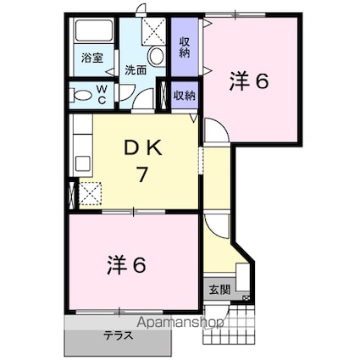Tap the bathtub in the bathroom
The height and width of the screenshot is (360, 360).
91,33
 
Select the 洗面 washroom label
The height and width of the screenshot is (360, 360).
135,70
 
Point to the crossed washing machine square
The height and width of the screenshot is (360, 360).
155,31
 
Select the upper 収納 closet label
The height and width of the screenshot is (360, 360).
186,47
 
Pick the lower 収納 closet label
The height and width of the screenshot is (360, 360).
185,95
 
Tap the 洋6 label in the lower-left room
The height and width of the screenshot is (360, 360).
127,264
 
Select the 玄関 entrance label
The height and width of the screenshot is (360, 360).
219,290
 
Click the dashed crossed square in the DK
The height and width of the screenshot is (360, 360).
89,194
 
